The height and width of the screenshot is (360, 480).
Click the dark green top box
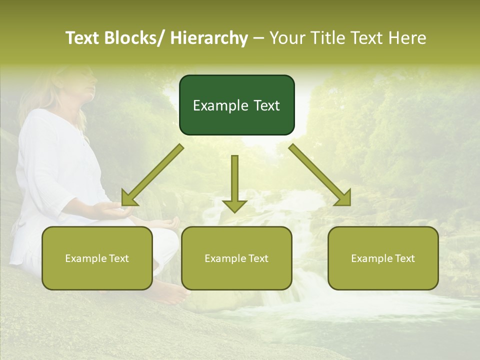(236, 105)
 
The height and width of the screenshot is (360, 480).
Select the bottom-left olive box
(97, 258)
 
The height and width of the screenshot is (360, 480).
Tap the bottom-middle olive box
(236, 258)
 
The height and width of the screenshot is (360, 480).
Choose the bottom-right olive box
(383, 258)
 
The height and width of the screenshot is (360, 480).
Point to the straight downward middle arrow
(234, 182)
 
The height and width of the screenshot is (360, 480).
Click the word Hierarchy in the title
(209, 38)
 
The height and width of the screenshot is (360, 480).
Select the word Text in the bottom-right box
(404, 258)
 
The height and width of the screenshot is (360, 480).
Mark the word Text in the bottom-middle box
(257, 258)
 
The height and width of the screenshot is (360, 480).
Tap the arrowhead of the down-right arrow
(342, 197)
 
